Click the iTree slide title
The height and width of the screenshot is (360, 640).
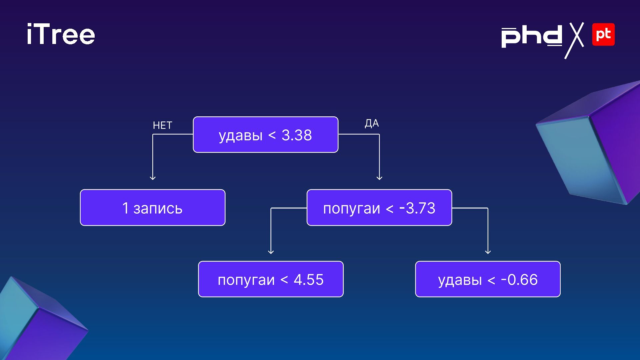(61, 34)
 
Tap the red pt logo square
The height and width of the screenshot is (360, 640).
(603, 34)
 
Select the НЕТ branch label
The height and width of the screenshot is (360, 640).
(162, 125)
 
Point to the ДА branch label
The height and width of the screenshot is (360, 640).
(372, 123)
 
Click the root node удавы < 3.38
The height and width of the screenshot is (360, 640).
(265, 135)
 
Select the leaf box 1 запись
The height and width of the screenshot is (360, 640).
(153, 208)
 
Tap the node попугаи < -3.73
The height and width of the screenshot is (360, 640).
(379, 208)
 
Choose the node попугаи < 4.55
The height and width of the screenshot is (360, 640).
(271, 279)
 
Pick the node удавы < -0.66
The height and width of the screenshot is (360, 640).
(488, 279)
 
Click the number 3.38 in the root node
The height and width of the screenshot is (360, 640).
(297, 135)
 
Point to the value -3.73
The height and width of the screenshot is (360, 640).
(417, 208)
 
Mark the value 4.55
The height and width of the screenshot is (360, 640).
(309, 280)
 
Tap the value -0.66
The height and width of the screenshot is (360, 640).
(519, 280)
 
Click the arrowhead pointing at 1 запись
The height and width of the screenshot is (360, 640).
(153, 178)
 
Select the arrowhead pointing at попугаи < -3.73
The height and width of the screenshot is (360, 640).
(379, 178)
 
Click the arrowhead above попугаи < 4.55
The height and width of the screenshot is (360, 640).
(271, 252)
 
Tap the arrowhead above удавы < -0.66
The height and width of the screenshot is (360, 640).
(488, 252)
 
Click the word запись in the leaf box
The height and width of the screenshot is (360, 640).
(158, 208)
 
